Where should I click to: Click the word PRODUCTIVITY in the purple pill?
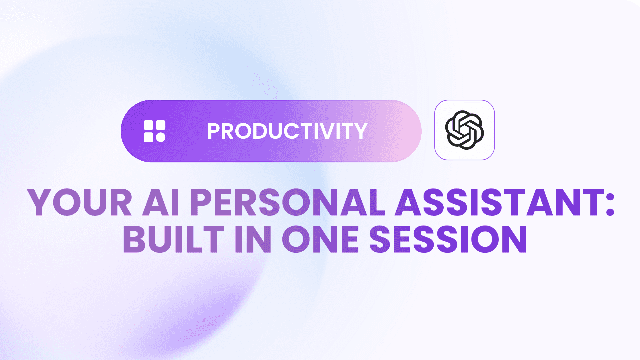(287, 131)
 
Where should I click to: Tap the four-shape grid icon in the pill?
(154, 131)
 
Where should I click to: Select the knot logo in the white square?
(464, 130)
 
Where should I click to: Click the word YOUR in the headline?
(80, 202)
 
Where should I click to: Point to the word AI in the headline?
(161, 202)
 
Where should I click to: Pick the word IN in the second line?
(253, 239)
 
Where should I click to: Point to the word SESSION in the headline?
(448, 239)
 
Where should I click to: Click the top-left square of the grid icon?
(148, 125)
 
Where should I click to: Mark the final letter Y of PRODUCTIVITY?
(360, 131)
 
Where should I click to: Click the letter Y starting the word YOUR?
(40, 202)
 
